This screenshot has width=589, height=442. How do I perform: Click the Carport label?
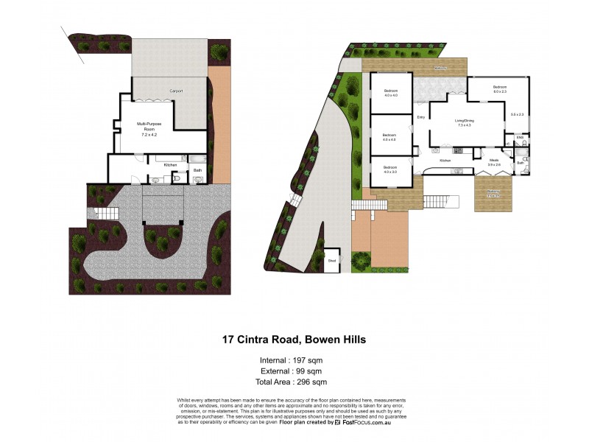point(176,91)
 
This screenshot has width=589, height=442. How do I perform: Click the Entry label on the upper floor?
point(422,117)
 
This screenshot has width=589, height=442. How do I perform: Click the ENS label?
point(520,138)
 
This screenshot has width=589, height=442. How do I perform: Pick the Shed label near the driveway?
point(332,260)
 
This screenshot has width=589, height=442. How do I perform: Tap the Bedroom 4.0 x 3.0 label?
point(390,169)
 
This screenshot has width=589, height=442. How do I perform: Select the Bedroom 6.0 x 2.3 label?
point(500,89)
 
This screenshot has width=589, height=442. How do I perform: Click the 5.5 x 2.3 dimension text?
point(517,114)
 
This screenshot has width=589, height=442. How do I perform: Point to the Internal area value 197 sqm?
point(309,360)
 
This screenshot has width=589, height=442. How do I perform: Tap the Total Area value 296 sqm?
point(309,382)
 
